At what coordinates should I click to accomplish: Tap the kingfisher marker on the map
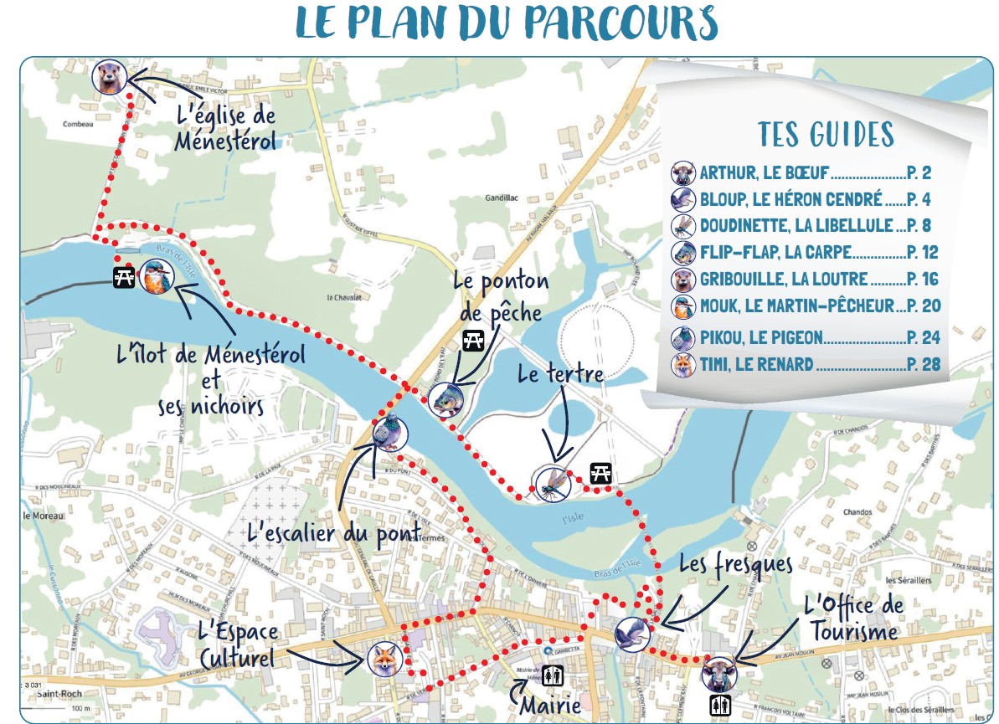pyautogui.click(x=154, y=277)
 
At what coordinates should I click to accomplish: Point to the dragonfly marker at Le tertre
pyautogui.click(x=552, y=484)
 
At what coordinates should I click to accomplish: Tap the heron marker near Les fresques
pyautogui.click(x=632, y=634)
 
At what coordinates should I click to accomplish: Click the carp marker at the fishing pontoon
pyautogui.click(x=445, y=400)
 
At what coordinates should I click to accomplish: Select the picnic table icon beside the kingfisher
pyautogui.click(x=124, y=277)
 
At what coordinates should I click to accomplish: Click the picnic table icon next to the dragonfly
pyautogui.click(x=600, y=473)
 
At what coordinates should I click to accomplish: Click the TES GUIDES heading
pyautogui.click(x=826, y=134)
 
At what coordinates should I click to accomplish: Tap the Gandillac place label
pyautogui.click(x=502, y=198)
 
